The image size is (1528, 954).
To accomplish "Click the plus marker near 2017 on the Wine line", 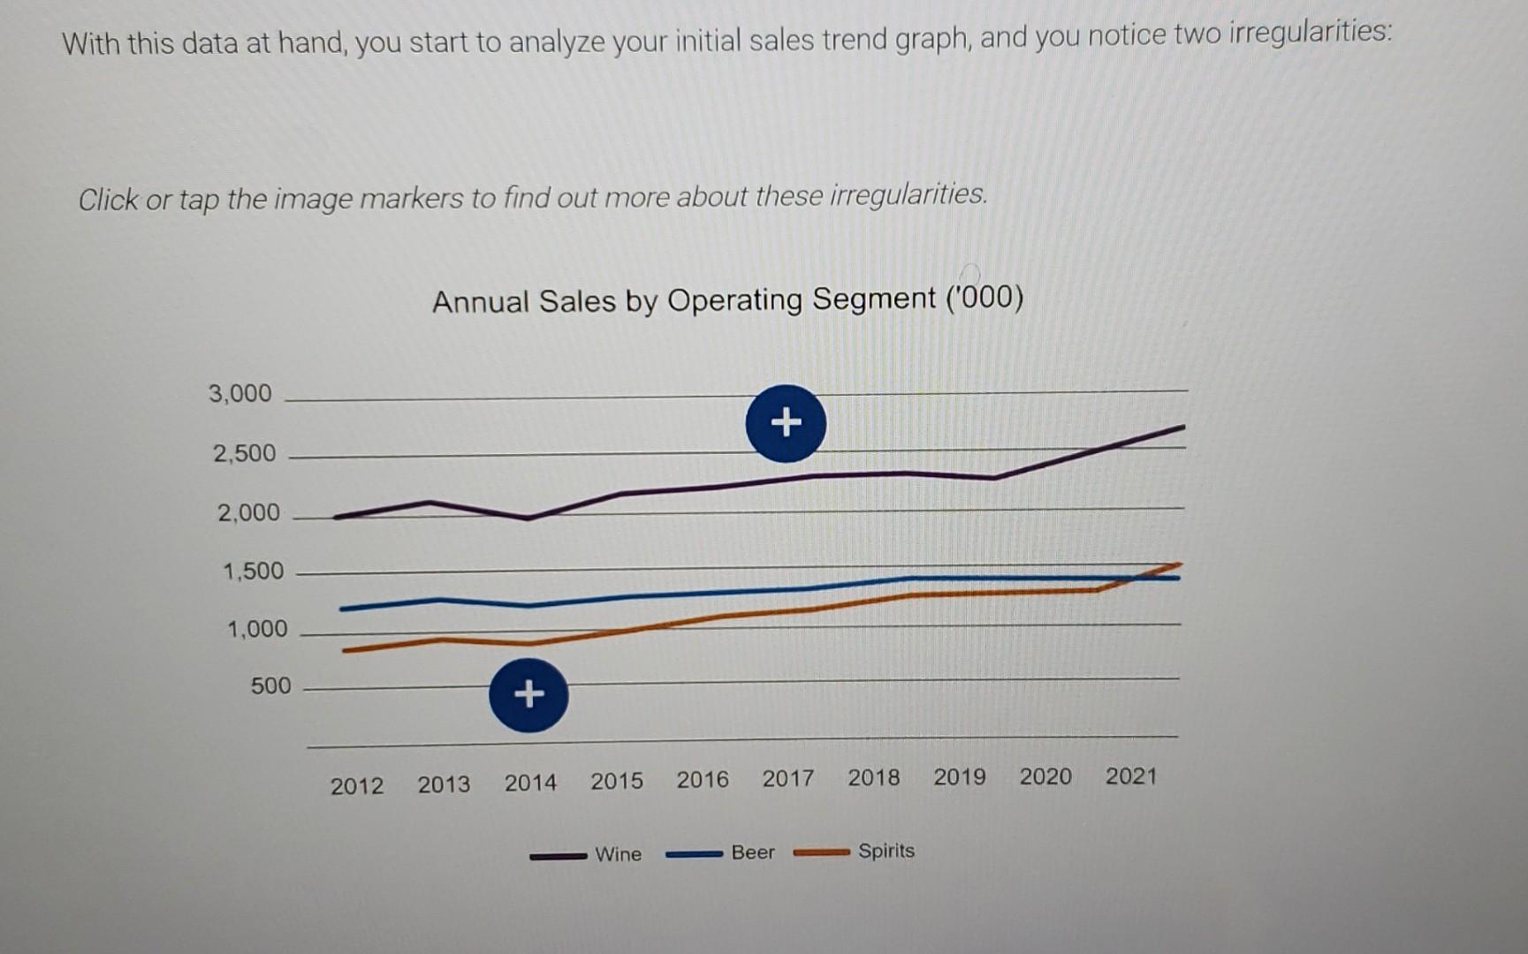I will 786,423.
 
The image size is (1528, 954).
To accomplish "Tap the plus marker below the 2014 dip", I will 528,694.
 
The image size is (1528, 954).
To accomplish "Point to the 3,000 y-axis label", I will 239,393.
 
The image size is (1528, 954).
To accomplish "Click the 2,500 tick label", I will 244,453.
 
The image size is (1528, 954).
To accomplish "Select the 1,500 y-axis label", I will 253,571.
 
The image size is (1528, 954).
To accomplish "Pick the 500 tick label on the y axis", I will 270,685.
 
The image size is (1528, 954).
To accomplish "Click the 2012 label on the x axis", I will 357,785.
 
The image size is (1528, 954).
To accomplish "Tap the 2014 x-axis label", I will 530,783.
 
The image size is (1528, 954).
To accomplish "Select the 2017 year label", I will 787,778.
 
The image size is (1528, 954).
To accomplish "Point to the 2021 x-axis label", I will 1130,776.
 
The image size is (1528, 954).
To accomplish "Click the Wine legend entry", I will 618,854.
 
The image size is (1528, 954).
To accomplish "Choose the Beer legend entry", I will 752,852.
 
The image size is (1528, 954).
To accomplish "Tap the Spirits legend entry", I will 886,851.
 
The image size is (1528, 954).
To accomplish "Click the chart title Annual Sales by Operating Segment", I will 727,300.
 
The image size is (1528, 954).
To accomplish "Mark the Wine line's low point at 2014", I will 528,518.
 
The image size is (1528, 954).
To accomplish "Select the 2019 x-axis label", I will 959,776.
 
